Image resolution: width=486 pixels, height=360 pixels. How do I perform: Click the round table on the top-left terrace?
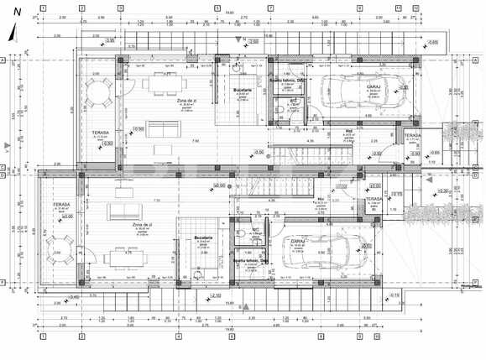[x=100, y=93]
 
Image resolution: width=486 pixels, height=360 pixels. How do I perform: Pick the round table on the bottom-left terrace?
[x=60, y=248]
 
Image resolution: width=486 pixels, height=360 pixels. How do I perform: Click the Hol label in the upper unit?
[x=348, y=131]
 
